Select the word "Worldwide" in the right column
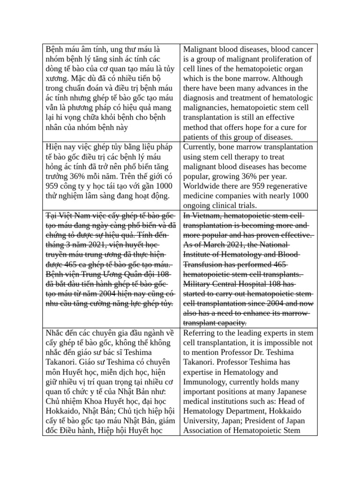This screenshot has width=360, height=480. coord(202,186)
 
